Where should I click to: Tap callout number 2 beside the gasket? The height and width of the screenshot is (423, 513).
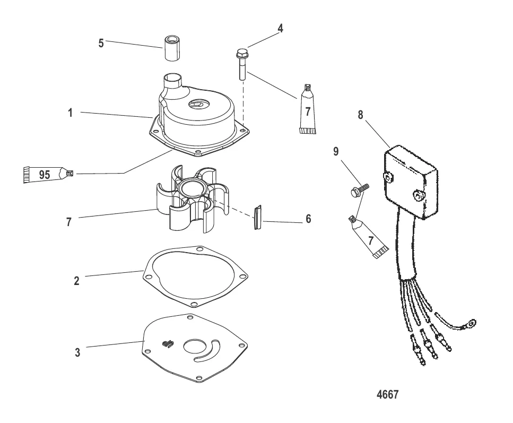76,280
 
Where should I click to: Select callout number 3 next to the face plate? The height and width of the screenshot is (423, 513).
77,352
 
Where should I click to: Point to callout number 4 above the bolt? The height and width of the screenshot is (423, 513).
281,29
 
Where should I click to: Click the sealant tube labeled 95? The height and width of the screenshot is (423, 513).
45,173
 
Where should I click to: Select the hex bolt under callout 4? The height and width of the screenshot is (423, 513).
241,64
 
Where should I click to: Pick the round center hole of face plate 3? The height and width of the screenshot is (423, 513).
190,350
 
